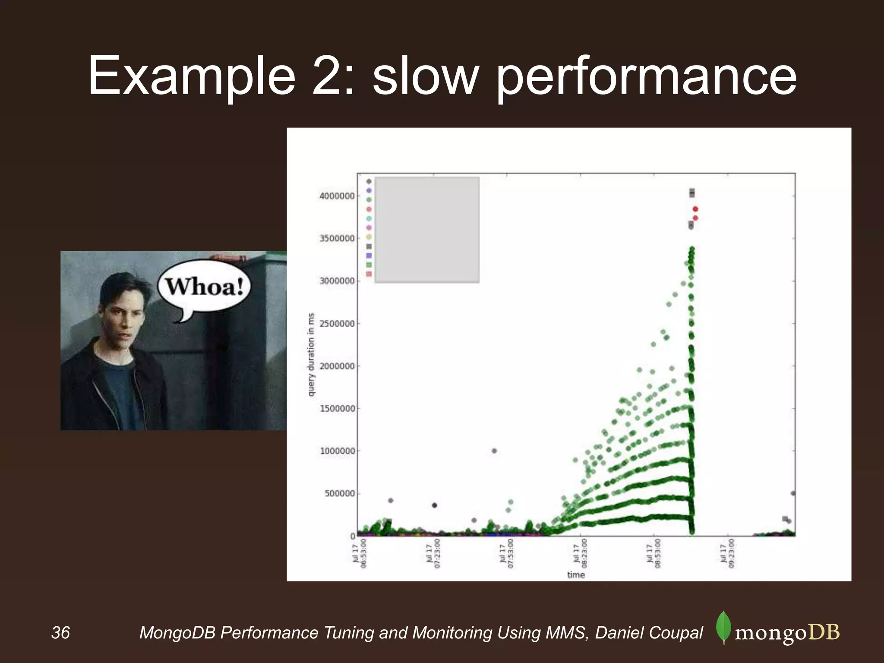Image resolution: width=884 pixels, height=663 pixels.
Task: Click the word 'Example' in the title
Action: [192, 77]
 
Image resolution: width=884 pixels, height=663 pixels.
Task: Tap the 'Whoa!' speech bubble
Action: [204, 287]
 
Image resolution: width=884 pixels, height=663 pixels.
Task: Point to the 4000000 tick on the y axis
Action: [337, 196]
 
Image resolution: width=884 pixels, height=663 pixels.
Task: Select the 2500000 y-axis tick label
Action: [337, 324]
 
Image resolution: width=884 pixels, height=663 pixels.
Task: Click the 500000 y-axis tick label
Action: [340, 493]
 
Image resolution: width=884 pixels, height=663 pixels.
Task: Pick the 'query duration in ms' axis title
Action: [311, 354]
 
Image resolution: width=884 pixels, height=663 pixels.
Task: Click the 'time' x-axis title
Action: [576, 575]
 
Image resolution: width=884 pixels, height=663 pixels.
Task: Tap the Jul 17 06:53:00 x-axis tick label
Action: [360, 553]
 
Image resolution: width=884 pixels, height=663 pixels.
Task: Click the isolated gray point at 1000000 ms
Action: [494, 451]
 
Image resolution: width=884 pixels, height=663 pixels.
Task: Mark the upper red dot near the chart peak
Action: [695, 209]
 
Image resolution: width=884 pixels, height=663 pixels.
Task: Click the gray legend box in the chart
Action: [427, 230]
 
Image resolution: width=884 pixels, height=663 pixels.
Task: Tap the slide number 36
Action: [60, 633]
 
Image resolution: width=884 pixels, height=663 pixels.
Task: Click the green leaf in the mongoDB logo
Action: [723, 627]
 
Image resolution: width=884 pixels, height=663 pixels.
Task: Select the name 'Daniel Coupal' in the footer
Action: [649, 633]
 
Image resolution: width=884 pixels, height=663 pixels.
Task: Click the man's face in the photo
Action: [123, 317]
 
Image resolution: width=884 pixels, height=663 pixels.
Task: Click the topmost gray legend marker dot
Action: [369, 181]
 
